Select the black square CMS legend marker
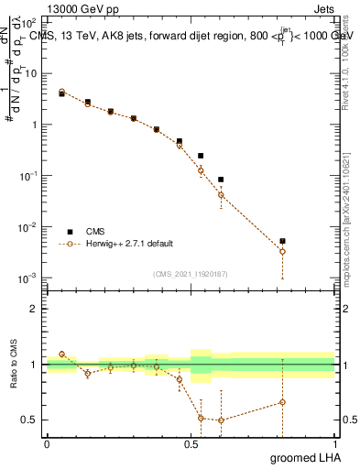[x=69, y=231]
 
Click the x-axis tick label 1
[x=334, y=444]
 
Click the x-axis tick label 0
[x=47, y=444]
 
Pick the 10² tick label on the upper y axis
[x=29, y=21]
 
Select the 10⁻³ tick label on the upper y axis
[x=29, y=278]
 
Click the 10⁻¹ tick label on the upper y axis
[x=29, y=175]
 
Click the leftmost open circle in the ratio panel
[x=61, y=354]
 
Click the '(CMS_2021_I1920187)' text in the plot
[x=191, y=272]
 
